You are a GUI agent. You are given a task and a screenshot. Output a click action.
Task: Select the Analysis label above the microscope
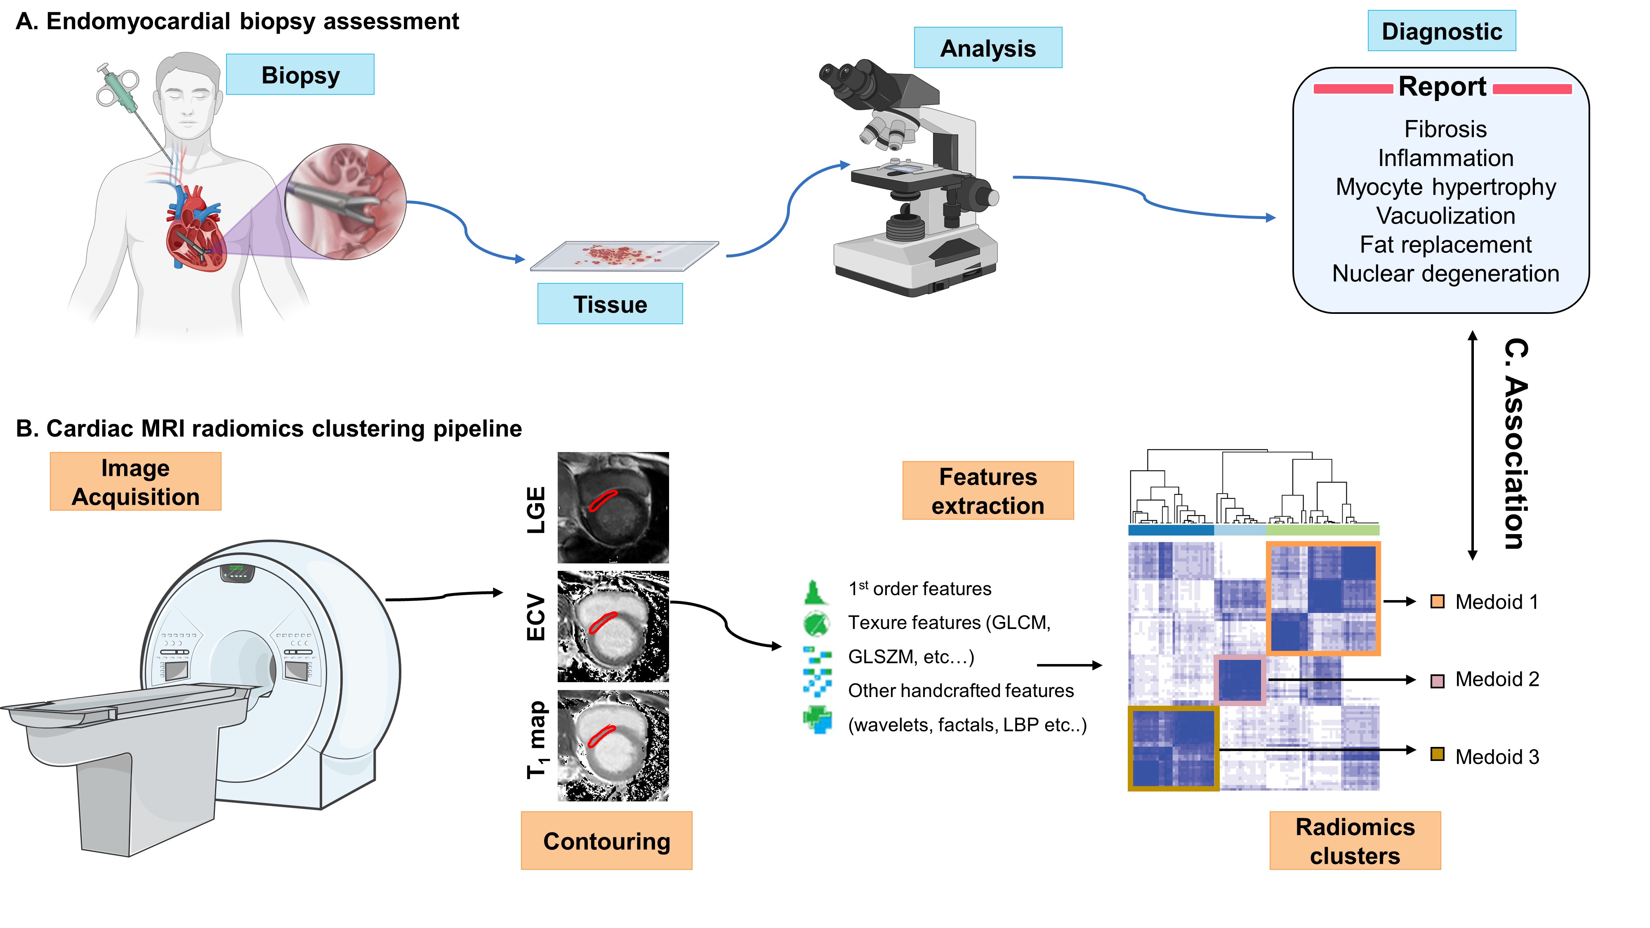[987, 47]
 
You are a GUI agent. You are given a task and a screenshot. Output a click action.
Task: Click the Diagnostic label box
[1441, 31]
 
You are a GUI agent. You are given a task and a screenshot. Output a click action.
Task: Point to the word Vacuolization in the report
[1445, 216]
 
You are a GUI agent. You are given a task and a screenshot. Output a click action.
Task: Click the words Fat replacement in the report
[1445, 245]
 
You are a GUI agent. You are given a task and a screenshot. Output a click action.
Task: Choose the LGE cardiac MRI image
[613, 507]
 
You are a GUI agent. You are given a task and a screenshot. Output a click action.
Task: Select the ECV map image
[613, 627]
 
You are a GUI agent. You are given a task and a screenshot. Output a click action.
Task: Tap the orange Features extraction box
[987, 490]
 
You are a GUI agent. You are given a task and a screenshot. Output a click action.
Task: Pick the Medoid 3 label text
[1496, 756]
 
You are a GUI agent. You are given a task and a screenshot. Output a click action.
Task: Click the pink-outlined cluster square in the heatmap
[1240, 680]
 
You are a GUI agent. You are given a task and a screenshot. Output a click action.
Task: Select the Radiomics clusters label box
[1354, 840]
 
